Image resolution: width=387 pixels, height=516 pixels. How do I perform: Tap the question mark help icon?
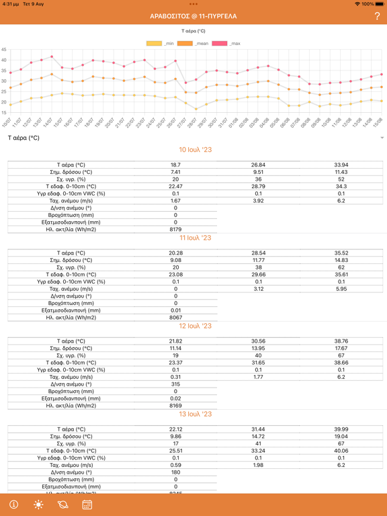377,16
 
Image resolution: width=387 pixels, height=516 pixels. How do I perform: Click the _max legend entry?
226,44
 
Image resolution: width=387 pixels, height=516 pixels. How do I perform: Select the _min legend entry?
160,44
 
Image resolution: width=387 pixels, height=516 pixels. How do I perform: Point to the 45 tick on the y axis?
4,50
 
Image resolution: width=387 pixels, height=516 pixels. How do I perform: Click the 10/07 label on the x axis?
7,122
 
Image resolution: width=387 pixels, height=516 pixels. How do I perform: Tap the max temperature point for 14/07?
52,56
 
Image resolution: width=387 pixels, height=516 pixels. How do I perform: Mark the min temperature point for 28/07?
196,109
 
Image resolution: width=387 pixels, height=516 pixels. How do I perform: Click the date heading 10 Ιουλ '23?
195,150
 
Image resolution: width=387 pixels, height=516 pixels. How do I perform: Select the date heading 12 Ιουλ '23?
195,326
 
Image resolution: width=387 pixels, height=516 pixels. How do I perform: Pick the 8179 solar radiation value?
175,229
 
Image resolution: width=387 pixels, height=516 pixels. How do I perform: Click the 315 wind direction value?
175,384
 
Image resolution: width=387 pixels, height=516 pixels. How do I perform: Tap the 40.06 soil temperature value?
341,451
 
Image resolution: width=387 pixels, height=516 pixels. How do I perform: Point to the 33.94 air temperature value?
341,165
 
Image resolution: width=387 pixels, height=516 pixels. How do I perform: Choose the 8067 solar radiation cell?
176,318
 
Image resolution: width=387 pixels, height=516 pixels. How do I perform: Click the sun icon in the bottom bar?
38,505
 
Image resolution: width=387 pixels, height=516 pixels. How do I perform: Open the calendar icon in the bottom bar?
87,505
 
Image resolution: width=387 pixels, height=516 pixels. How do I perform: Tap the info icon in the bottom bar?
14,505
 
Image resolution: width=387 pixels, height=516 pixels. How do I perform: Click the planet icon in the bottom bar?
62,505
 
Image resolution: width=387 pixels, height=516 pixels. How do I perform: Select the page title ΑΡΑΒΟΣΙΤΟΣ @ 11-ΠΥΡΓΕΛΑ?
193,16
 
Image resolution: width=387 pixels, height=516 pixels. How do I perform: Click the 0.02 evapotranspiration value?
176,398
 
